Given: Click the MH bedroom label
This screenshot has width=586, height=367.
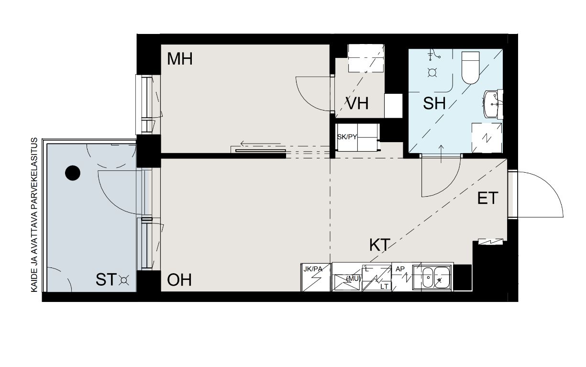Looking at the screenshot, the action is [x=180, y=59].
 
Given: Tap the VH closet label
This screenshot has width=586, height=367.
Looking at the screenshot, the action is [x=357, y=103].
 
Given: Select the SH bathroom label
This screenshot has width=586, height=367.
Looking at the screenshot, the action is [x=434, y=103].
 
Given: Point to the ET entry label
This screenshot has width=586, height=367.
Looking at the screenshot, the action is [x=487, y=198].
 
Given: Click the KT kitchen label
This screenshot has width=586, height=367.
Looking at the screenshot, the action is [x=380, y=245].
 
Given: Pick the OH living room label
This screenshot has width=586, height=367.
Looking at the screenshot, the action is [x=179, y=280].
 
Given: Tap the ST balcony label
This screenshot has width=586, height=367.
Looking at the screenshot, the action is [x=106, y=279].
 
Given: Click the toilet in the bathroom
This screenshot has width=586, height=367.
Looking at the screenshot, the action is [x=470, y=67].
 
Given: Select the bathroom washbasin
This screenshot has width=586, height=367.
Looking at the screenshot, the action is [x=491, y=104].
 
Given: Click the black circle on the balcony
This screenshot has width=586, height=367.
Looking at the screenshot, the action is [x=72, y=173].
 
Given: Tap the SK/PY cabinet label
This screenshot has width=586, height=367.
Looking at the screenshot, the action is [x=347, y=137].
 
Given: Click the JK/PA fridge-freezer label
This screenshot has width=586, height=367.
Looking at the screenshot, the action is [x=313, y=269].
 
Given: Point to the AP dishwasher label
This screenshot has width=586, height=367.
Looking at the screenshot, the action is [x=400, y=269].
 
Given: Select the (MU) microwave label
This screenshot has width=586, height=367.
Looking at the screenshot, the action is [x=353, y=279].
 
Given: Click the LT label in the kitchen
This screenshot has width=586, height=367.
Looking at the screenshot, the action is [x=384, y=287].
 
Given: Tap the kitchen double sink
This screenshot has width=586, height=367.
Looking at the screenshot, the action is [x=436, y=278].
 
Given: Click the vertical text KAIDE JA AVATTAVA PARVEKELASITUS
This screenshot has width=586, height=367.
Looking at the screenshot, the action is [x=34, y=215].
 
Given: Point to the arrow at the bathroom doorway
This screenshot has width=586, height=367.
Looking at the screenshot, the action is [x=441, y=154].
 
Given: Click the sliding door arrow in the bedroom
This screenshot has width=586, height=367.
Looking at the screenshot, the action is [x=261, y=144].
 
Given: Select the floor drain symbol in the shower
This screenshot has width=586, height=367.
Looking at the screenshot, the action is [x=432, y=72].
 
